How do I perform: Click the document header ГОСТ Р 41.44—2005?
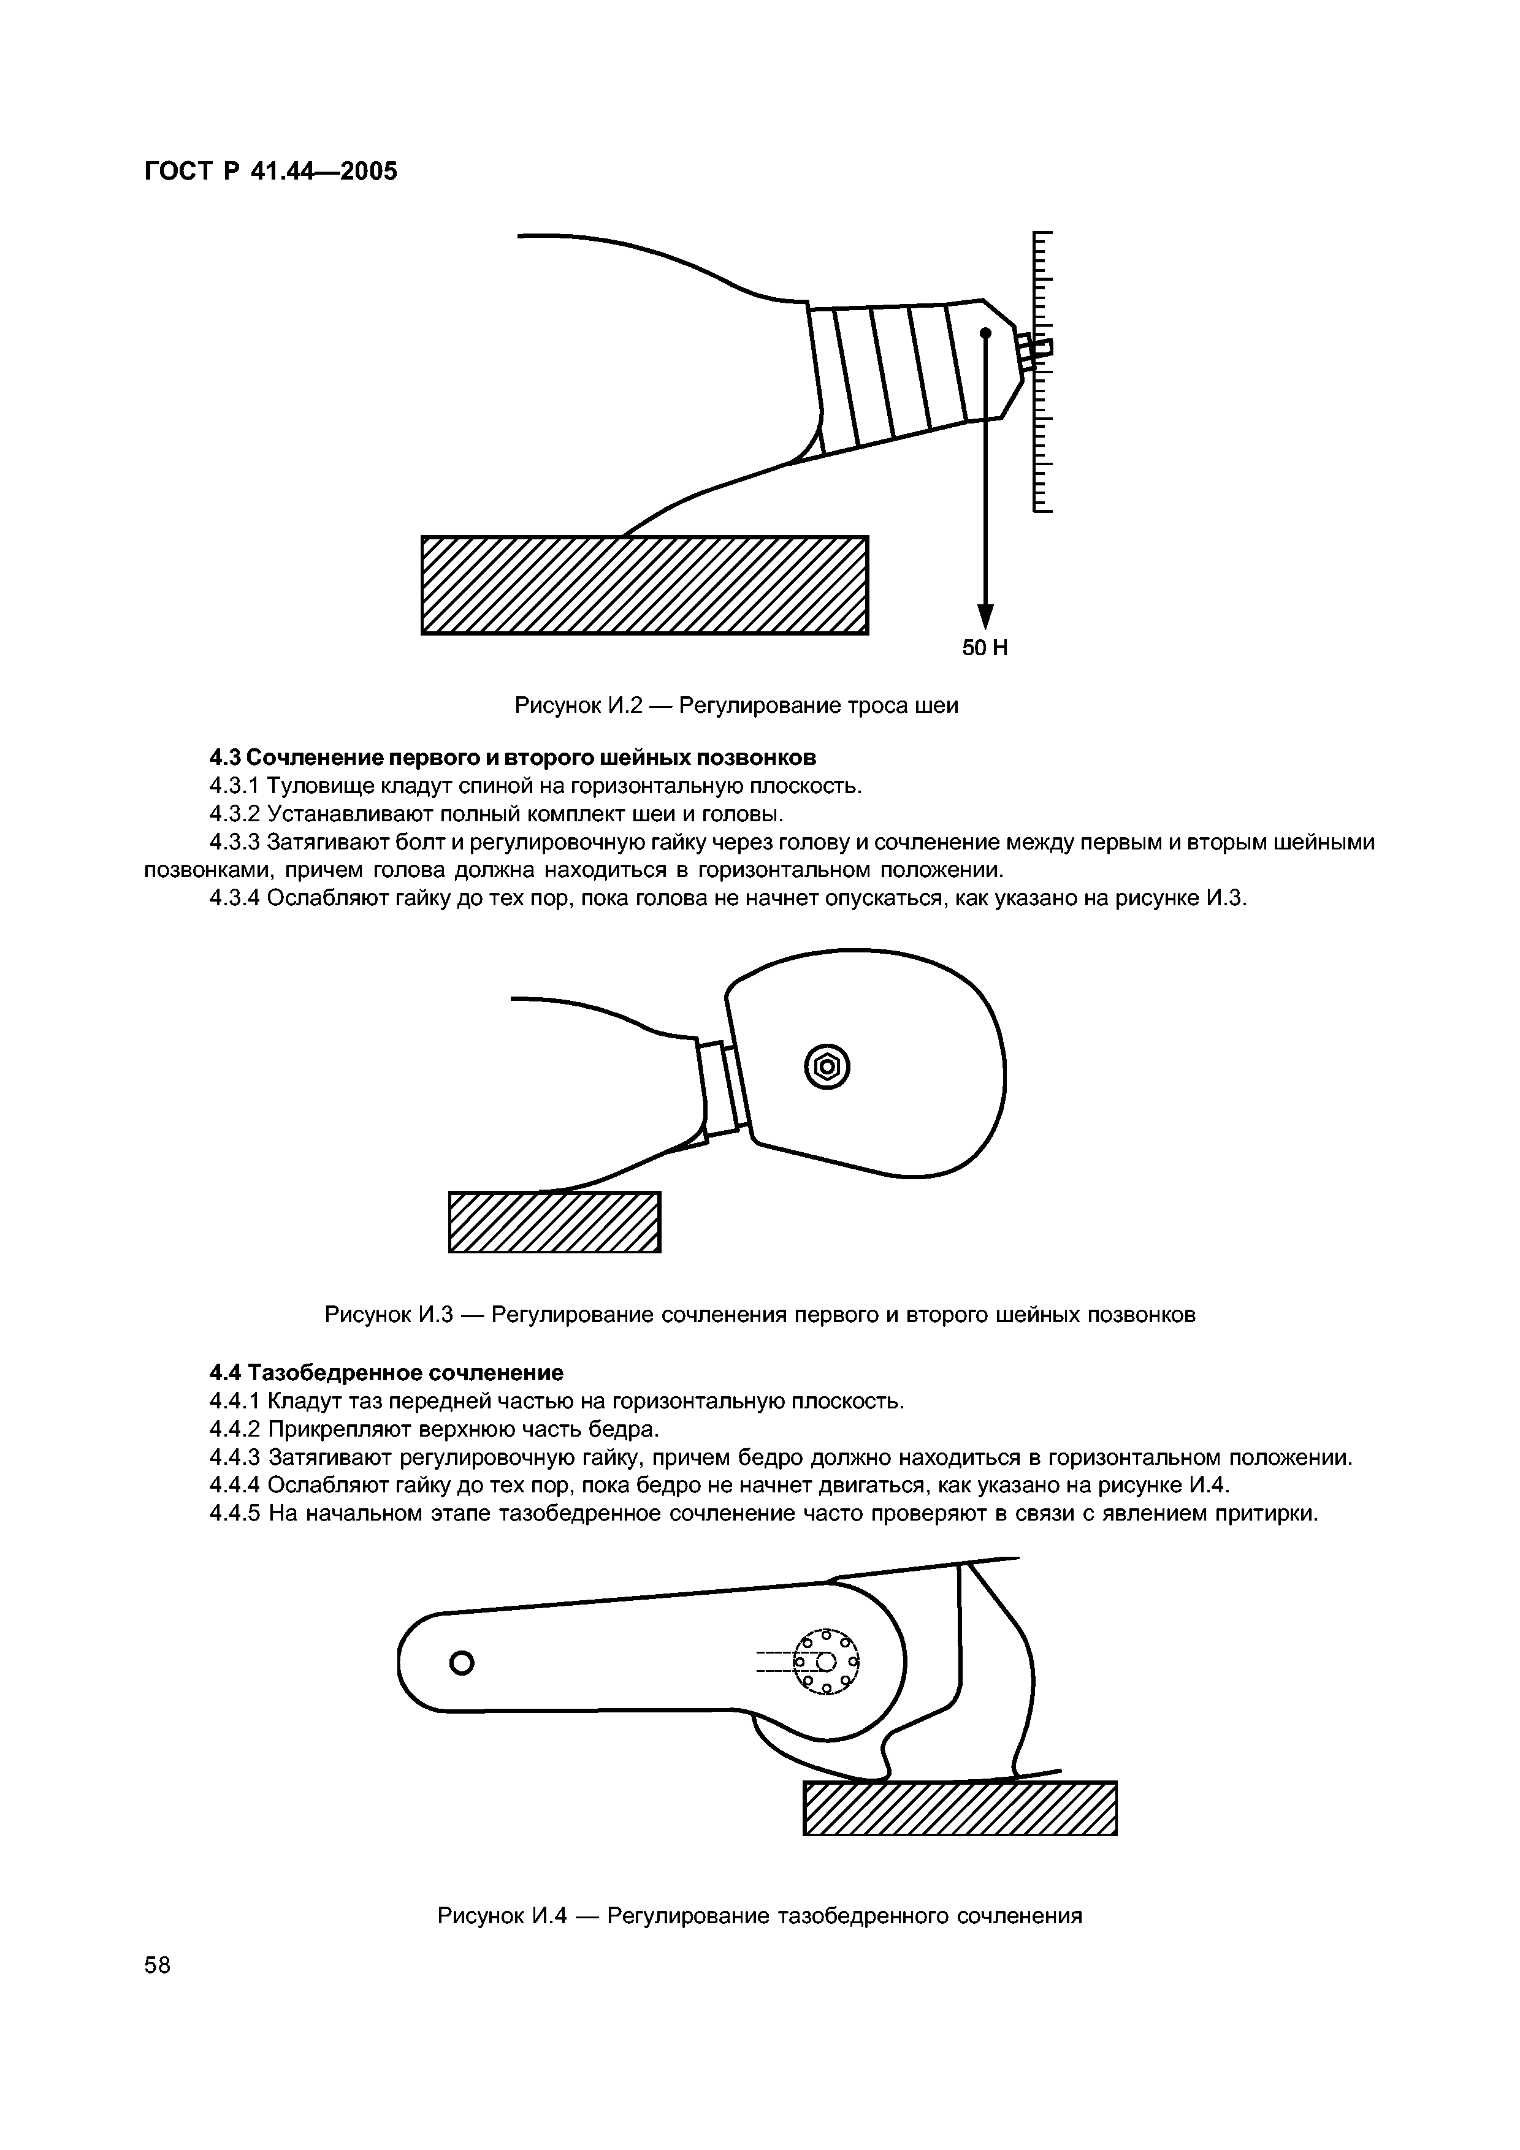(x=270, y=172)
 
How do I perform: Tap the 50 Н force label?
(x=984, y=648)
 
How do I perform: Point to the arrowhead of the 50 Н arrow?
(x=984, y=616)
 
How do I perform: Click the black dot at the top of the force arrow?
(x=985, y=332)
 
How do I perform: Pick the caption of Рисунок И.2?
(x=736, y=705)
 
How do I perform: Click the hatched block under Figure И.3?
(x=554, y=1221)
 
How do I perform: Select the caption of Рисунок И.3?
(x=760, y=1315)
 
